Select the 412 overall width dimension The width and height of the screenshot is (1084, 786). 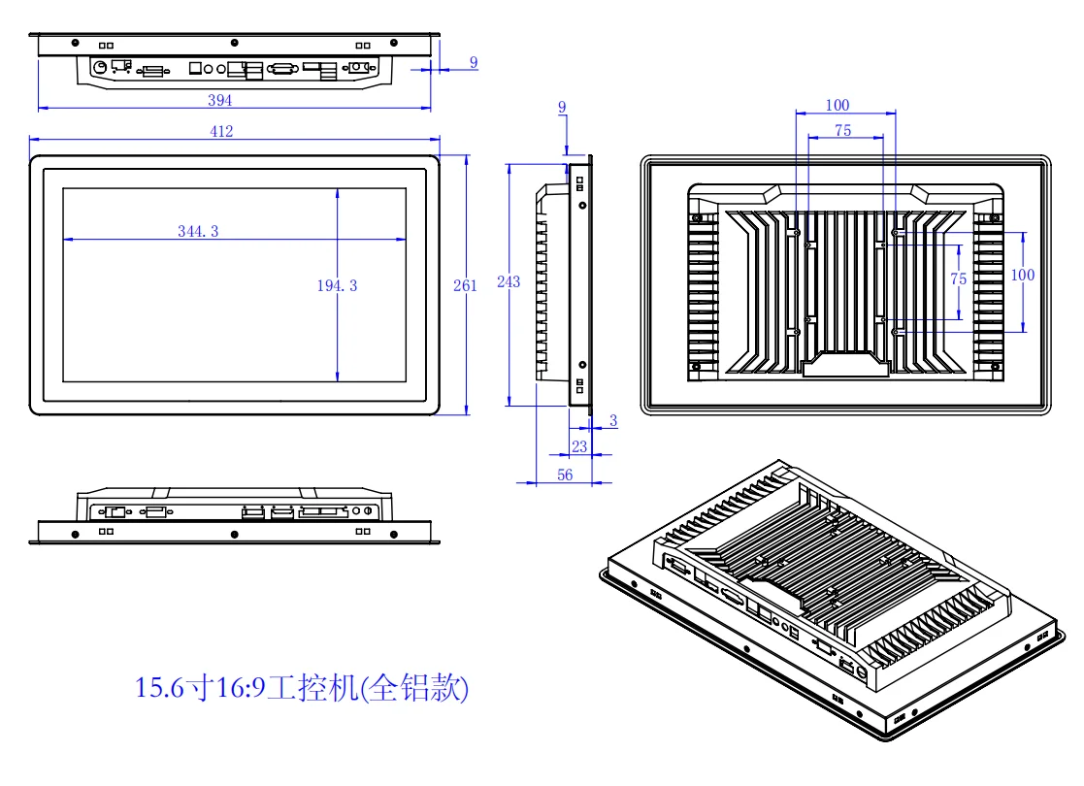point(221,131)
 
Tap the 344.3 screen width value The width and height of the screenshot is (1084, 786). point(198,231)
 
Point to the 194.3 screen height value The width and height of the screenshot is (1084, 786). point(337,285)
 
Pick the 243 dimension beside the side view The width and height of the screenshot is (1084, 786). point(508,282)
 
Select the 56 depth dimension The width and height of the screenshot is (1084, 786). point(564,475)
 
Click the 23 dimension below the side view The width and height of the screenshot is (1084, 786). point(578,446)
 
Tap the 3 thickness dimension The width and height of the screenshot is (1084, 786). point(612,420)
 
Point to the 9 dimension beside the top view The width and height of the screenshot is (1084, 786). point(474,62)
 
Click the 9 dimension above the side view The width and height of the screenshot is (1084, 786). point(562,106)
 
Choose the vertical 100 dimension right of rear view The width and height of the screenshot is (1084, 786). point(1023,275)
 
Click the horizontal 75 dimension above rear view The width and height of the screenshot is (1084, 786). point(842,130)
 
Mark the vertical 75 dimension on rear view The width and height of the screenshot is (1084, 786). point(958,278)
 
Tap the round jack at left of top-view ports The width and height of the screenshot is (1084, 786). point(98,67)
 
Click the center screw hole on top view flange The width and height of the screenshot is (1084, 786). point(234,43)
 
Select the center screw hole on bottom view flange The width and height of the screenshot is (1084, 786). point(234,533)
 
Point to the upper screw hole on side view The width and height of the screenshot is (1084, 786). point(582,205)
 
